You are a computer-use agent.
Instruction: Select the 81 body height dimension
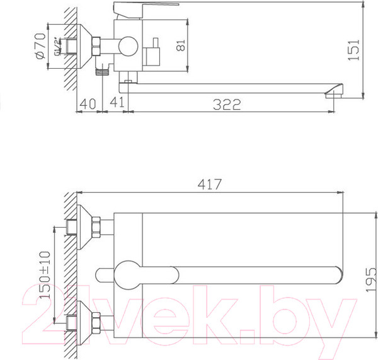coord(181,46)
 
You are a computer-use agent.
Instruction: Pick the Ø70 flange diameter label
coord(39,47)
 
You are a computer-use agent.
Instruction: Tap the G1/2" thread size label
coord(55,47)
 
